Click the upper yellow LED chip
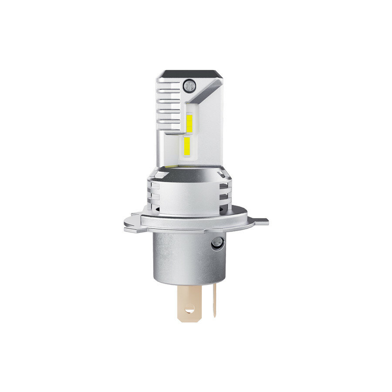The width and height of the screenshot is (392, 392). point(190,122)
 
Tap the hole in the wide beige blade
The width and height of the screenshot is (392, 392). point(189,310)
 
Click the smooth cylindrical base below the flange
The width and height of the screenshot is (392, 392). point(187,257)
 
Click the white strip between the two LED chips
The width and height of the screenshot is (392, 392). point(188,135)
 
